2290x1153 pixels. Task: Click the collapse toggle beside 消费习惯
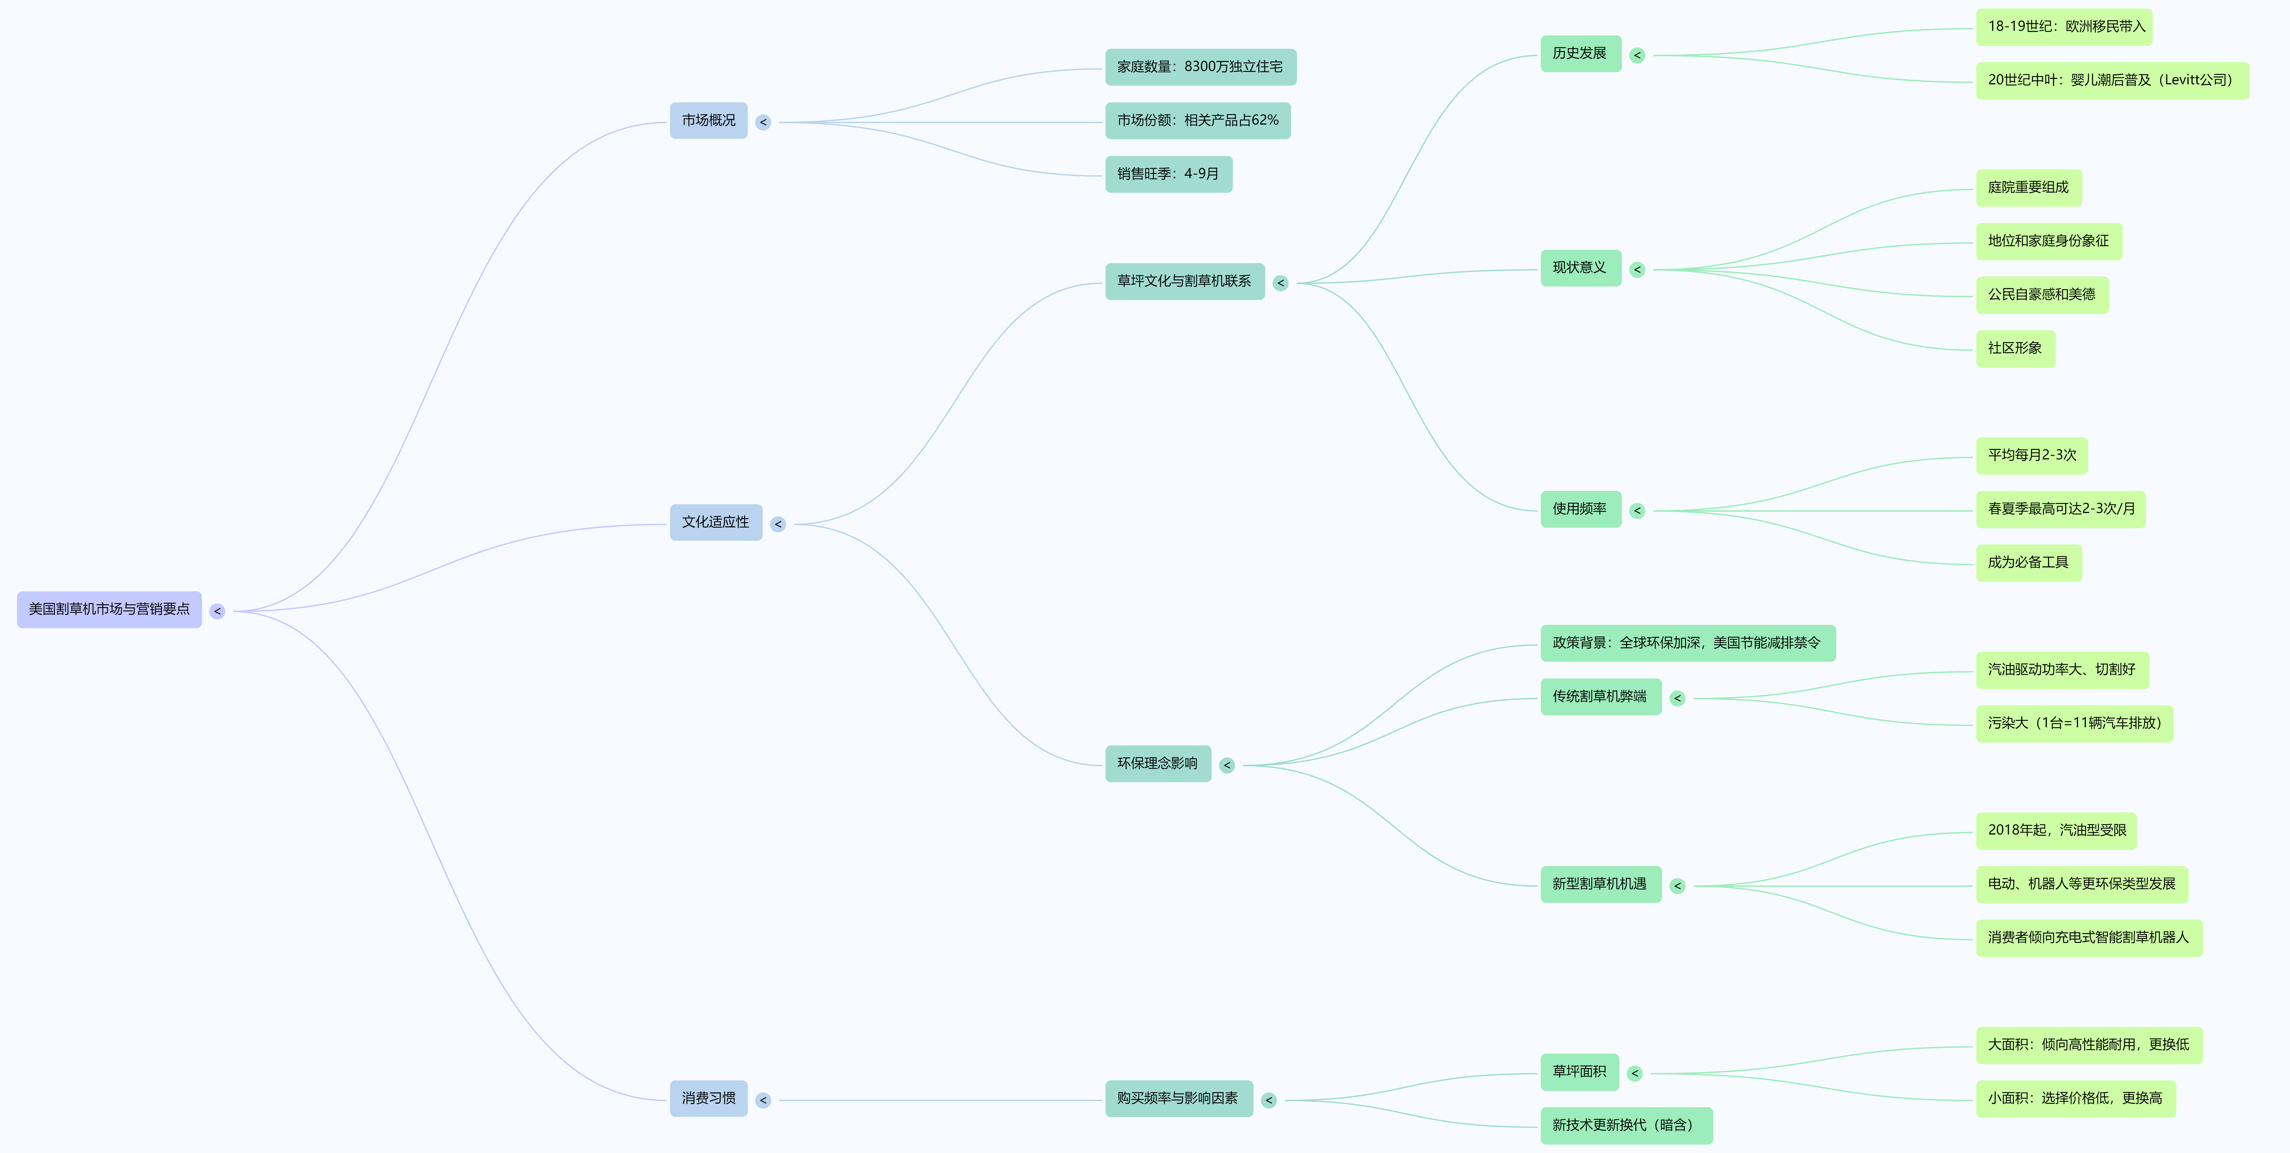coord(763,1101)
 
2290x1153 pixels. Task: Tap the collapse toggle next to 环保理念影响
coord(1227,765)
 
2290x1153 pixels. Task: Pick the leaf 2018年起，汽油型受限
coord(2056,830)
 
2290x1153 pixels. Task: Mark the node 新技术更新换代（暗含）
coord(1626,1126)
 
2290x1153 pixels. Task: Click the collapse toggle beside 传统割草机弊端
coord(1678,699)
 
